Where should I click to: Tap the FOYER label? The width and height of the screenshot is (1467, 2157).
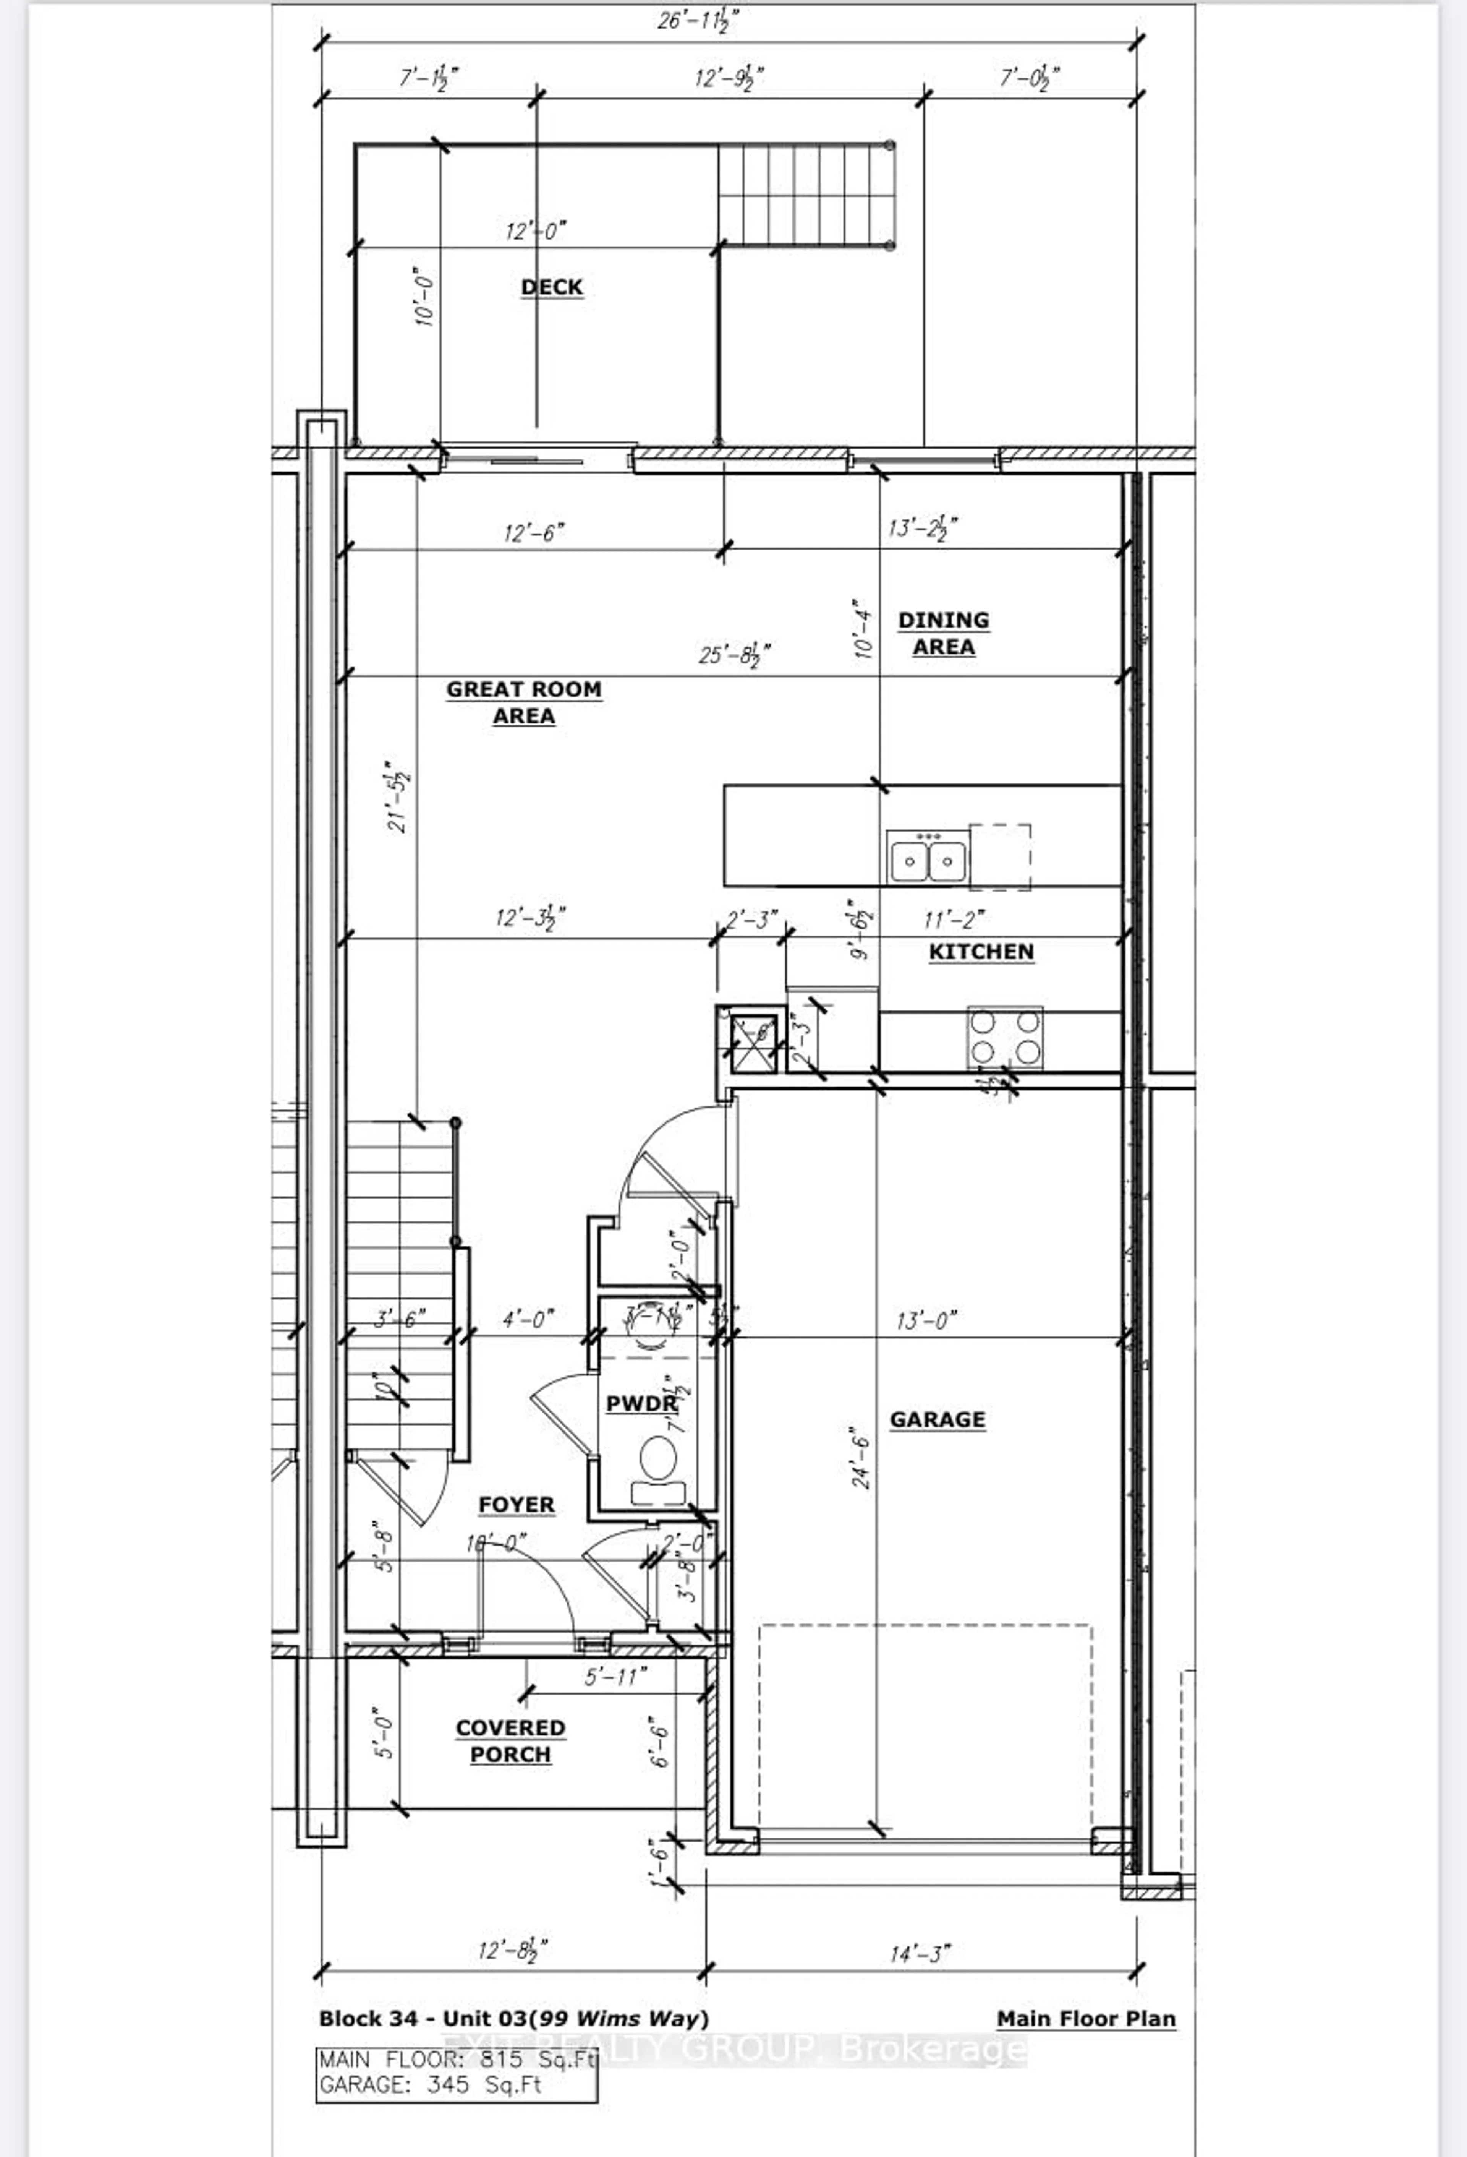[x=516, y=1505]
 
